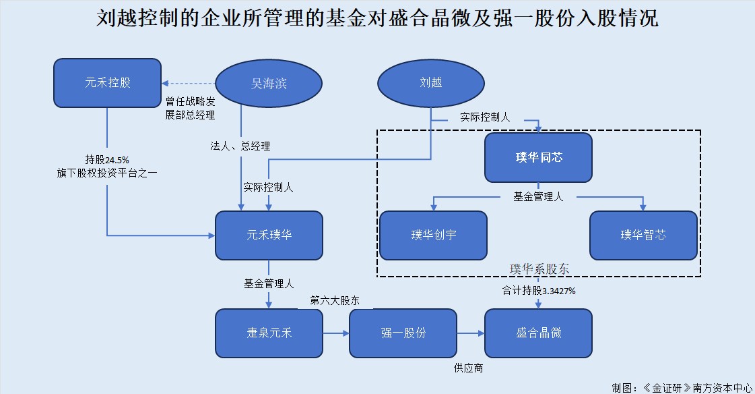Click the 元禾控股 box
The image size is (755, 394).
click(x=107, y=84)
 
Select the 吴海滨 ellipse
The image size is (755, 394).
click(x=269, y=84)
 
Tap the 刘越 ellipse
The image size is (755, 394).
click(x=430, y=84)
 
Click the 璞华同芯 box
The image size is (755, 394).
click(x=538, y=158)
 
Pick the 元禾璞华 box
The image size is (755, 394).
click(x=269, y=235)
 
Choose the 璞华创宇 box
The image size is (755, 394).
click(x=433, y=235)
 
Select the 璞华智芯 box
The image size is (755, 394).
click(x=643, y=235)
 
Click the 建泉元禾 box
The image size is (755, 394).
click(x=269, y=333)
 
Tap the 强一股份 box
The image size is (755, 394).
click(x=403, y=333)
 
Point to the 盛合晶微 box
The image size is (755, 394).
click(x=538, y=333)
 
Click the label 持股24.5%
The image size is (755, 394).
click(x=106, y=160)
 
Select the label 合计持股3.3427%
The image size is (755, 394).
click(x=538, y=291)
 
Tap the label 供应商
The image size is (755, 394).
click(x=468, y=368)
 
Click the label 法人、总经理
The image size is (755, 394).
click(x=240, y=146)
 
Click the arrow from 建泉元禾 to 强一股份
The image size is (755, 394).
click(x=336, y=333)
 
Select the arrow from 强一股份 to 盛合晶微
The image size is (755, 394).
click(x=471, y=333)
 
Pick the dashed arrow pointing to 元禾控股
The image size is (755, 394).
click(x=189, y=84)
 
